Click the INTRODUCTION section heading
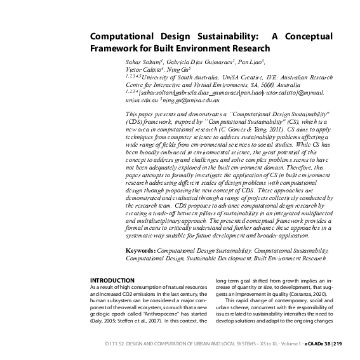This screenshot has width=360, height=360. [x=112, y=280]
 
